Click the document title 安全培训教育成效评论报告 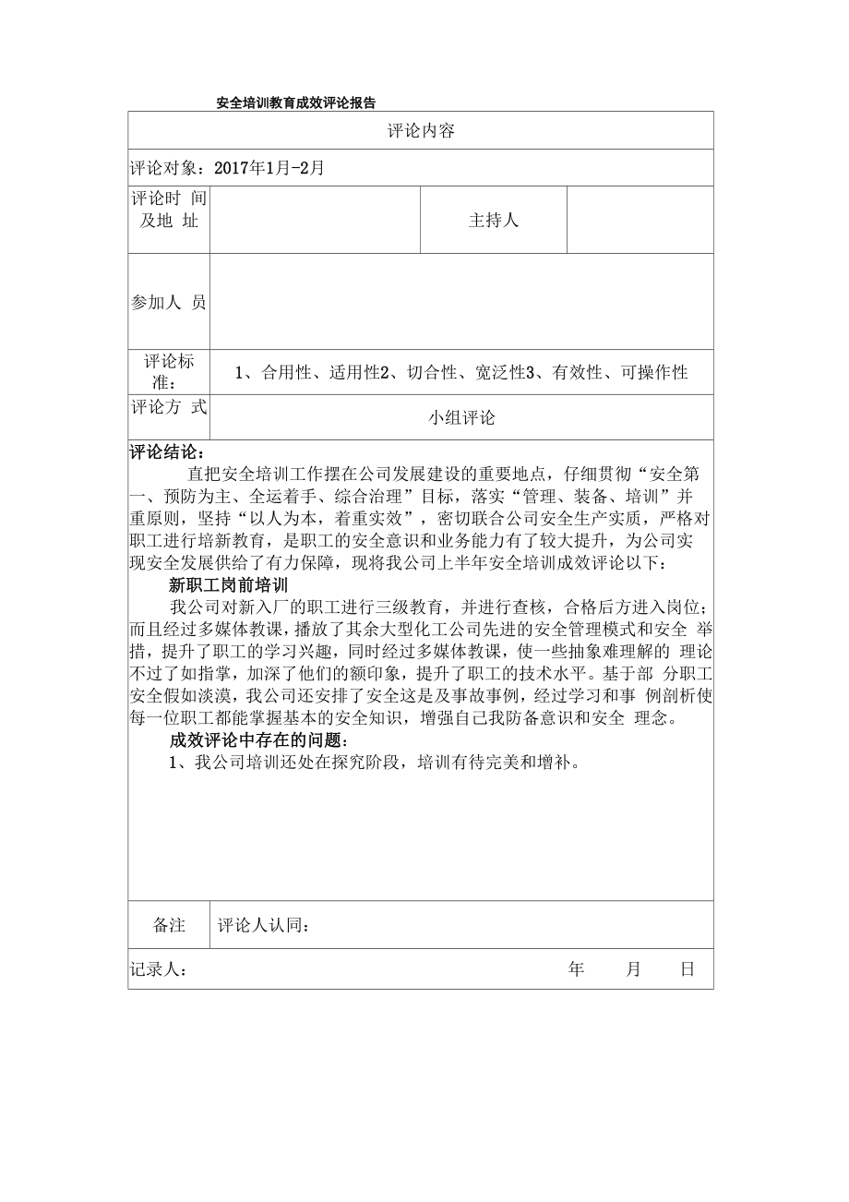295,102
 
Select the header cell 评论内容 421,131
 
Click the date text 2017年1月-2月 269,168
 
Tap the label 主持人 494,221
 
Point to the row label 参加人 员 169,302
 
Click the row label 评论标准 169,372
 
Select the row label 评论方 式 169,407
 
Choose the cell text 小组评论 461,418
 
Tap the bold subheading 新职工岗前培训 230,585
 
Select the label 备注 169,925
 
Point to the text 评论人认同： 263,926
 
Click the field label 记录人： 161,969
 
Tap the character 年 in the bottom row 577,969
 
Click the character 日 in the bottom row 688,969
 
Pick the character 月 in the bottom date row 633,969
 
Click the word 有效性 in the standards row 578,372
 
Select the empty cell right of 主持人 640,221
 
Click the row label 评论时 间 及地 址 169,210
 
